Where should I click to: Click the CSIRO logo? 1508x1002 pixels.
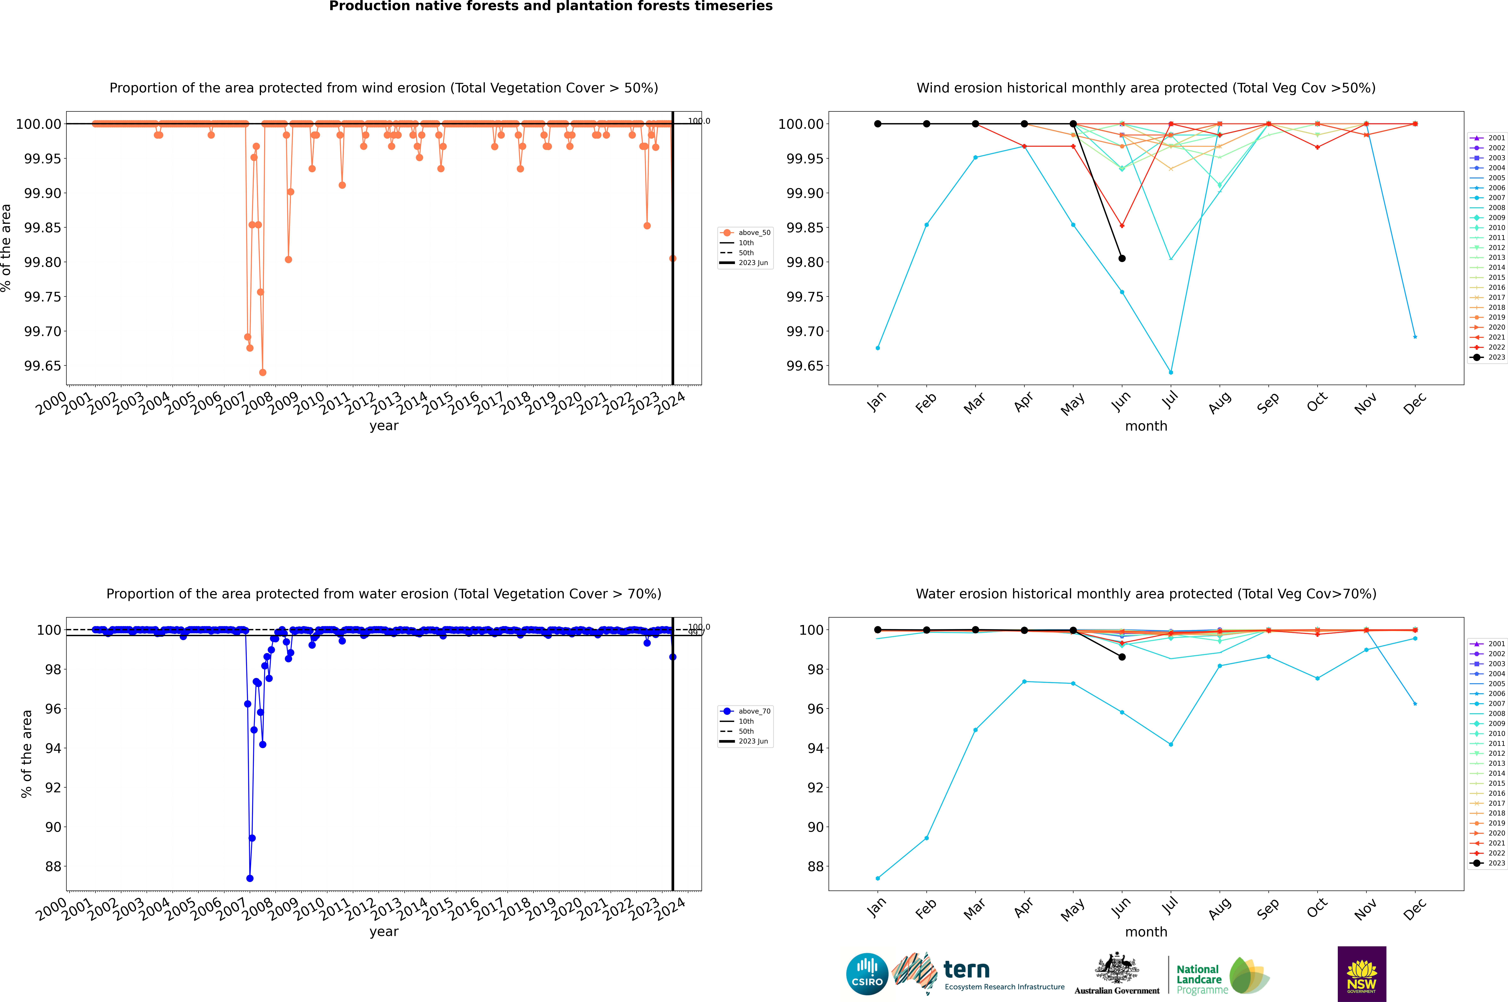tap(867, 974)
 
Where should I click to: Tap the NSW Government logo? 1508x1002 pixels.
tap(1362, 974)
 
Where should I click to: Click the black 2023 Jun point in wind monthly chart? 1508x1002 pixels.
tap(1122, 258)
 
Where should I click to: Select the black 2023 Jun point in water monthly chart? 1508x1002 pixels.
tap(1122, 657)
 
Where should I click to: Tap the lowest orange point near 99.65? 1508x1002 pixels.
tap(263, 373)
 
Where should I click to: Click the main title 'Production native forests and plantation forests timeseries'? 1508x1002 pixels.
tap(550, 6)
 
